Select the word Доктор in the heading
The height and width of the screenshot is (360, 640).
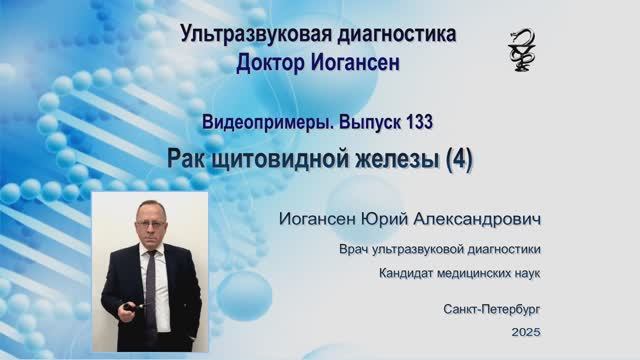[273, 62]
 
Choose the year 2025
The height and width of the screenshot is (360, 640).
[524, 330]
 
